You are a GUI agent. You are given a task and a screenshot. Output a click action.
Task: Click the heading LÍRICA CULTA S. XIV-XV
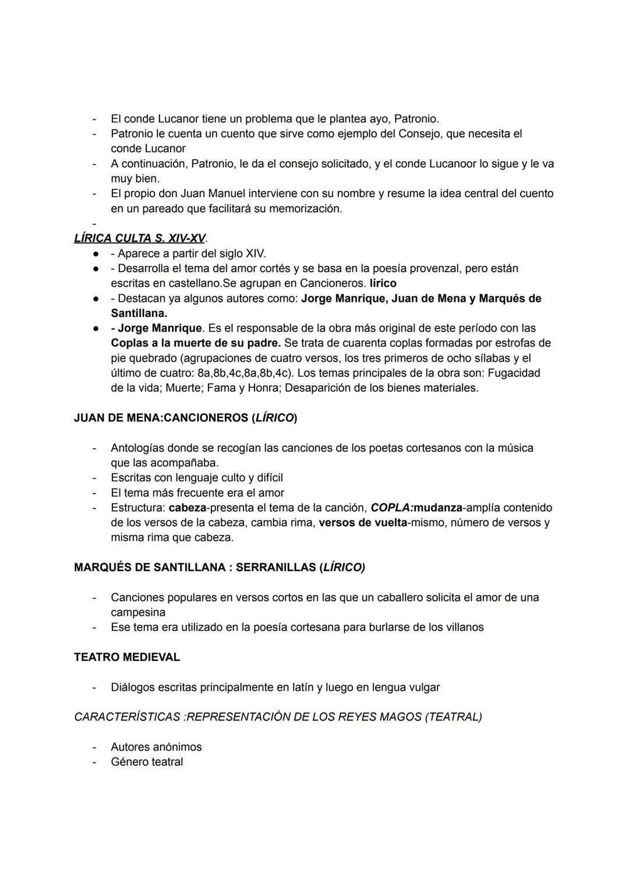coord(140,238)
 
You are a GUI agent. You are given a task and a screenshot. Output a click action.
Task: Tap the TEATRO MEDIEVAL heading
coord(127,657)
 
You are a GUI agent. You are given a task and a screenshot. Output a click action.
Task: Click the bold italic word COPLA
coord(390,508)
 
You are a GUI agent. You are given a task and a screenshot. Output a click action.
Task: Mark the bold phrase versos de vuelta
coord(362,523)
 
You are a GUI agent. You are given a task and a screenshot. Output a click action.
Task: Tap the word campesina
coord(138,613)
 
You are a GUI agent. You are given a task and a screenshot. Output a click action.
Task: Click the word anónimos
coord(177,747)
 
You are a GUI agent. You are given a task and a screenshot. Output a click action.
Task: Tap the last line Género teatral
coord(147,762)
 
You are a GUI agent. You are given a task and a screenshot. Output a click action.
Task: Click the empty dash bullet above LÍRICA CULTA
coord(93,224)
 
